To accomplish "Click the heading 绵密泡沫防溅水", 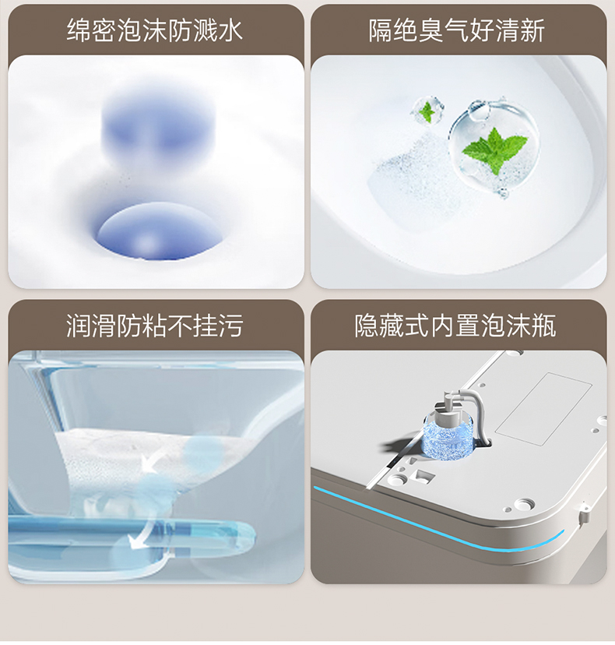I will click(155, 30).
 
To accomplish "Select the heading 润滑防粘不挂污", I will click(155, 326).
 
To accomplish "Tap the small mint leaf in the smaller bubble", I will click(427, 111).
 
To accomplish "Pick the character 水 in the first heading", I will click(231, 30).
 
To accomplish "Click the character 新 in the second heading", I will click(532, 30).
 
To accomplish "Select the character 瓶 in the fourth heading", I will click(544, 326).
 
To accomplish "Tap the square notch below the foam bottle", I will click(424, 474).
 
